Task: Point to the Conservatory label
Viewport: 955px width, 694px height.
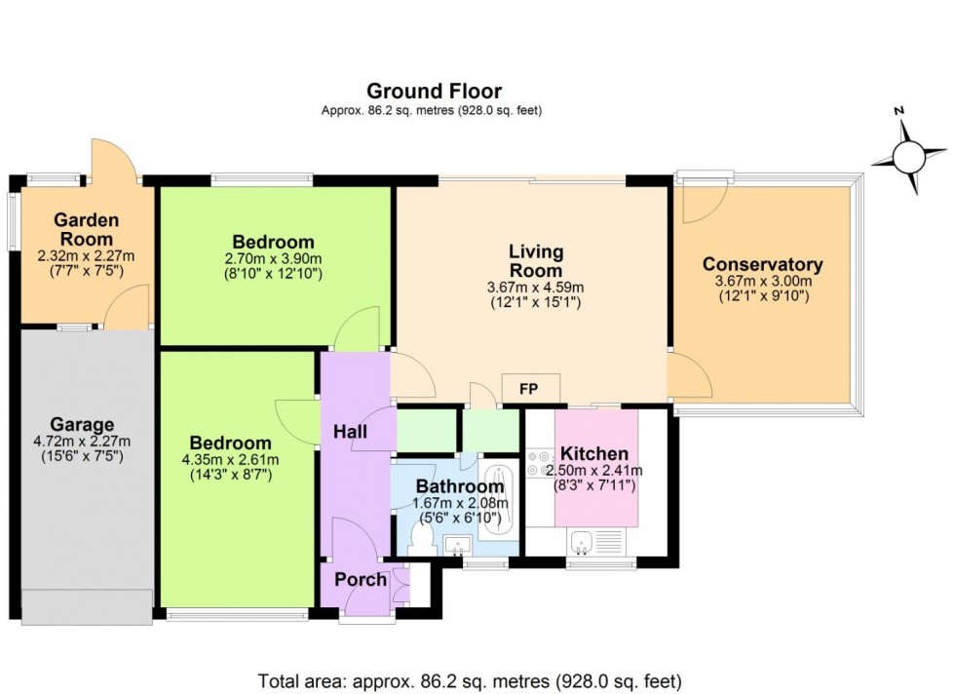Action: click(763, 264)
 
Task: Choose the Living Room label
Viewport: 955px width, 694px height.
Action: click(535, 261)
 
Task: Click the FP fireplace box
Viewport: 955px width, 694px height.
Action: click(531, 389)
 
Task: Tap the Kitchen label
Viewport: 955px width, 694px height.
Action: click(592, 454)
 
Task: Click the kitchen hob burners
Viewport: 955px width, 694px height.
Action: click(540, 463)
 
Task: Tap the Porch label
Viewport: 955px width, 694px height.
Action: click(361, 580)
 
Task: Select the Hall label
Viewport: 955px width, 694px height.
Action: click(349, 431)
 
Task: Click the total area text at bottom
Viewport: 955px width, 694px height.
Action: click(470, 680)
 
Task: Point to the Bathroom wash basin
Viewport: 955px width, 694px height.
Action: click(455, 545)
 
